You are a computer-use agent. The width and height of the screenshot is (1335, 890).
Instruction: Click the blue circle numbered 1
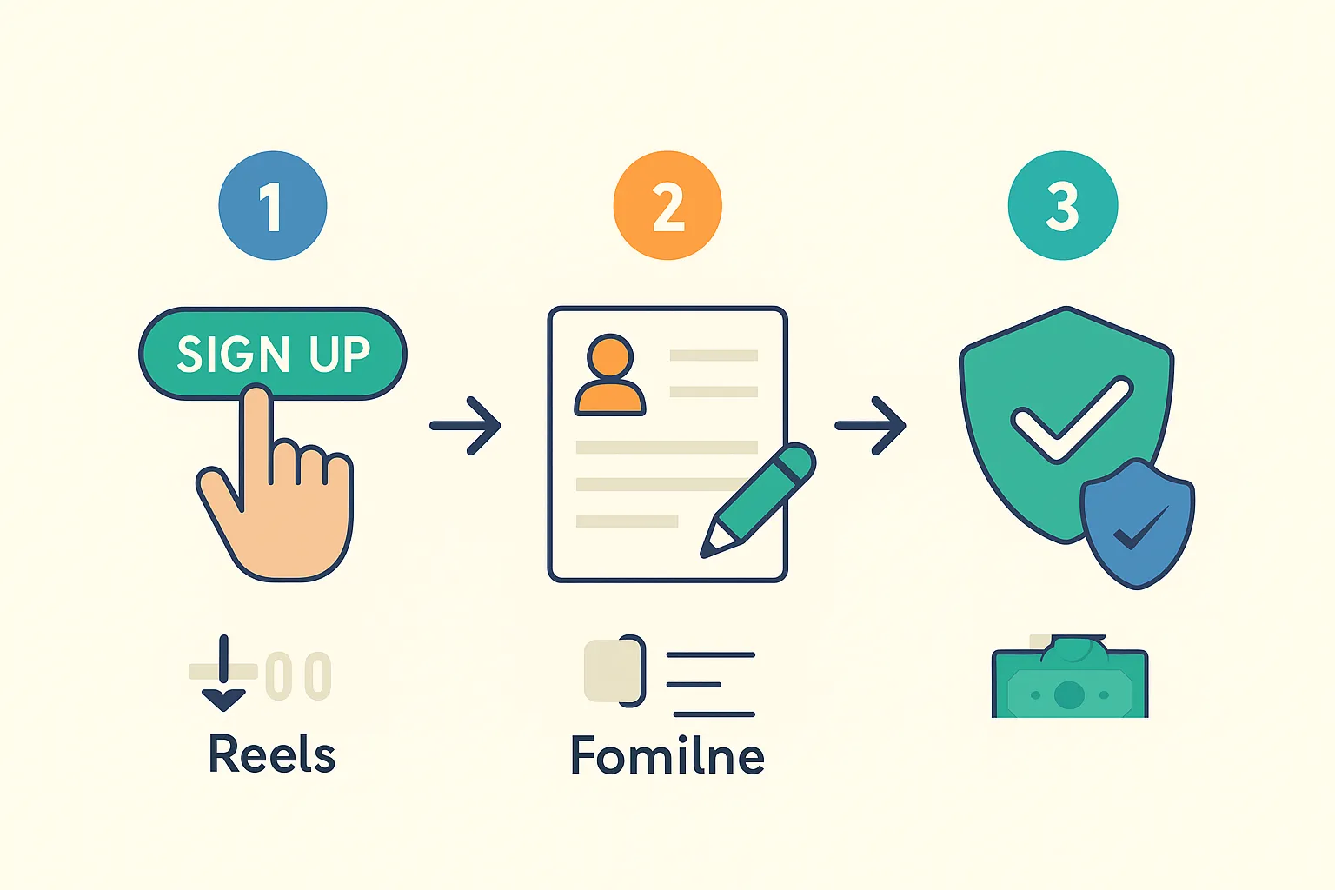point(272,206)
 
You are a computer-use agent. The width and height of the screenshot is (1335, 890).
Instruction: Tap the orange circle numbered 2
point(667,206)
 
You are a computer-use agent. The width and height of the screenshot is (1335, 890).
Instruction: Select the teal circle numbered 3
point(1062,206)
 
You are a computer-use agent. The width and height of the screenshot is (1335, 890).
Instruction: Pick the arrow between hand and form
point(466,426)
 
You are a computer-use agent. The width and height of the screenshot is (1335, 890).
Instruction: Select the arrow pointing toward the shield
point(871,426)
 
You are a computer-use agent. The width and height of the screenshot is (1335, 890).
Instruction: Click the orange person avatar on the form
point(610,375)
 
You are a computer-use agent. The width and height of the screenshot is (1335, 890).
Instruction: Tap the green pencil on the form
point(761,500)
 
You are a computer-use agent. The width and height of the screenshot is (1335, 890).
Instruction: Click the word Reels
point(272,754)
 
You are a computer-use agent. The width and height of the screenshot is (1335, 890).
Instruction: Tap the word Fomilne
point(667,755)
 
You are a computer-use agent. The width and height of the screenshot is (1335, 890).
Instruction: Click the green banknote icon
point(1070,682)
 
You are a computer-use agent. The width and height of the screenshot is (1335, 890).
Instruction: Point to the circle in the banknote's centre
point(1069,694)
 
